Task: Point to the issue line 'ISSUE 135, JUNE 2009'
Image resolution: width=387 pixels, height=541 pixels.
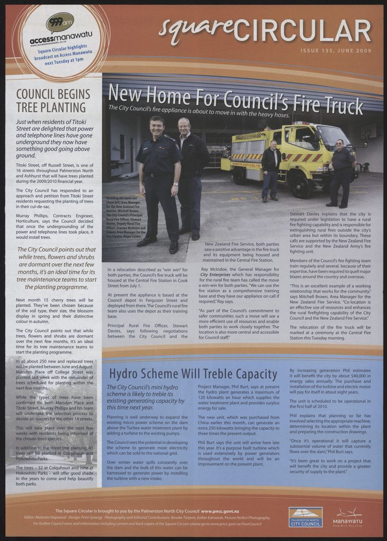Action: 336,51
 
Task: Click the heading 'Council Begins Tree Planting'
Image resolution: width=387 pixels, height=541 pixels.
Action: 53,101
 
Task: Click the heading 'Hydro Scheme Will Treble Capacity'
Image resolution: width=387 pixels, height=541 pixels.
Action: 193,375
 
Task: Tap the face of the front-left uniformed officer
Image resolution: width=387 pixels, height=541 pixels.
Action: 156,127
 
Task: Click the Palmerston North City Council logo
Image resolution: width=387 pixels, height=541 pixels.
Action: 305,517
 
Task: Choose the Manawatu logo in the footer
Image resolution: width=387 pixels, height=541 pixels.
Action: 348,517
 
